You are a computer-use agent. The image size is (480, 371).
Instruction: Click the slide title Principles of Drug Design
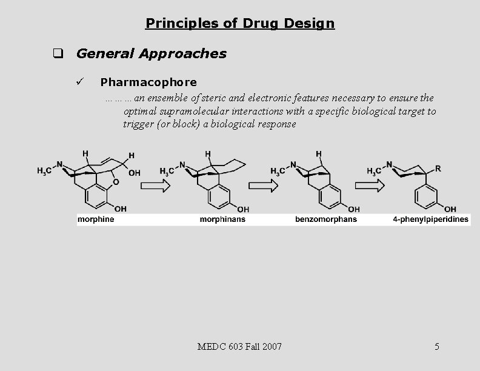click(x=239, y=24)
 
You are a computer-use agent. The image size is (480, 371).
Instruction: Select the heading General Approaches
click(x=151, y=53)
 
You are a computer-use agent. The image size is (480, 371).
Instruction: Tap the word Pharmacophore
click(x=148, y=81)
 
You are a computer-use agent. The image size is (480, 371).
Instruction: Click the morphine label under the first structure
click(x=96, y=219)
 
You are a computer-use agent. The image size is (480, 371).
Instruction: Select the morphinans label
click(x=222, y=219)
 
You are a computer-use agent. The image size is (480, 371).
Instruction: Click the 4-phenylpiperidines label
click(x=431, y=219)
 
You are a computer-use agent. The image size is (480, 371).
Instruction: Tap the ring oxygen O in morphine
click(x=116, y=181)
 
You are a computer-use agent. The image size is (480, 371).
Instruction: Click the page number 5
click(x=437, y=347)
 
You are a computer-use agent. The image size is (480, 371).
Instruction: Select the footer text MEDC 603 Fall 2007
click(x=239, y=347)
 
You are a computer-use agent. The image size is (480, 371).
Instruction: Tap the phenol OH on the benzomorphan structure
click(x=346, y=209)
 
